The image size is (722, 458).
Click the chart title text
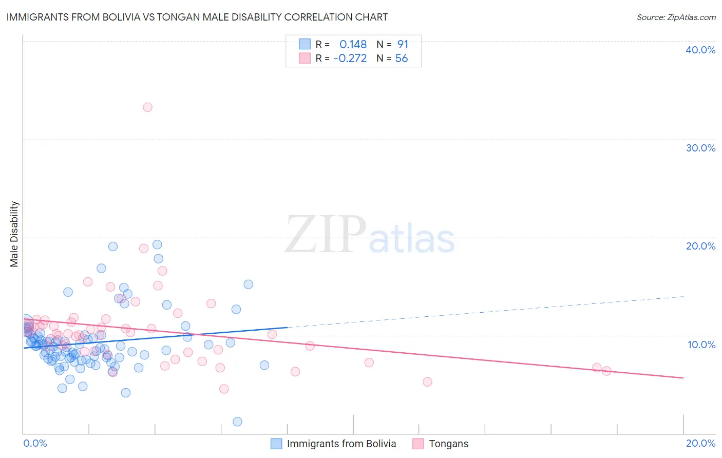(197, 17)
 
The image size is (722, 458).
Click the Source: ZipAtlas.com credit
(676, 17)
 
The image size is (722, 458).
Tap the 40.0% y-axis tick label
(700, 50)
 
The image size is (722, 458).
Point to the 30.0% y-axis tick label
(700, 148)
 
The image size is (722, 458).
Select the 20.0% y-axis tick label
(700, 246)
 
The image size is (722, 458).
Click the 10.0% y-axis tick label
(700, 345)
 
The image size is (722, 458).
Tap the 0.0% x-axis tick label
(35, 443)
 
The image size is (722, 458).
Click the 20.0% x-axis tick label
(700, 443)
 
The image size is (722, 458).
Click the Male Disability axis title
(14, 234)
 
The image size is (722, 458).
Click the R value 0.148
(353, 44)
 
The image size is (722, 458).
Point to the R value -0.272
(350, 59)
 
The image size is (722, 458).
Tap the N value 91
(403, 44)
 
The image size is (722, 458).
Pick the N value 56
(402, 59)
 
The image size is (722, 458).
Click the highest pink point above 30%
(147, 107)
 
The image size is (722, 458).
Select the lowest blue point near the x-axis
(237, 422)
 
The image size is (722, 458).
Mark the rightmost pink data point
(606, 371)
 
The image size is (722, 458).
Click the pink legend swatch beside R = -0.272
(305, 59)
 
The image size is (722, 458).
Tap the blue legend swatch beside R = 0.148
(305, 44)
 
